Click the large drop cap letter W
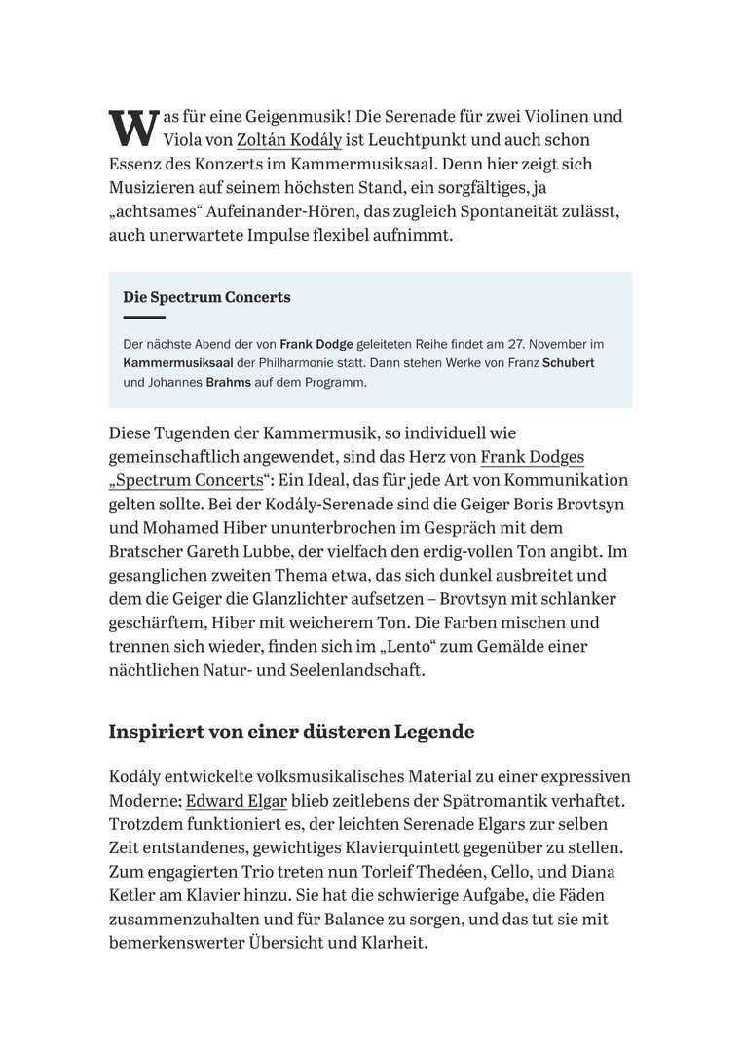pyautogui.click(x=132, y=128)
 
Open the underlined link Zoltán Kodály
pyautogui.click(x=288, y=140)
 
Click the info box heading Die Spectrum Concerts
pyautogui.click(x=206, y=297)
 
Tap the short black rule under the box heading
pyautogui.click(x=144, y=318)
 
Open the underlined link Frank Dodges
pyautogui.click(x=532, y=456)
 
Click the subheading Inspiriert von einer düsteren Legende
pyautogui.click(x=291, y=732)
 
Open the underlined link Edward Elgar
pyautogui.click(x=237, y=801)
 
